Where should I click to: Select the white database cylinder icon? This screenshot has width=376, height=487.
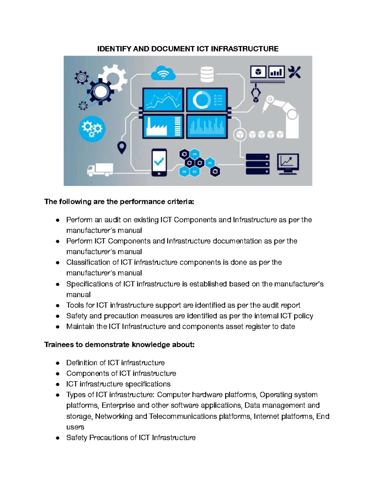point(207,74)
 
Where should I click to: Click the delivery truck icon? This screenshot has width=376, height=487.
point(100,170)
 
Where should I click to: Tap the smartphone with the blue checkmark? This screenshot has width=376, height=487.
point(159,162)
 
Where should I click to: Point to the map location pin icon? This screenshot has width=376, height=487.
point(122,147)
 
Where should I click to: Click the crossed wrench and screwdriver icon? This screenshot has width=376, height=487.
point(294,72)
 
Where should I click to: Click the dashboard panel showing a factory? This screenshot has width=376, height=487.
point(163,126)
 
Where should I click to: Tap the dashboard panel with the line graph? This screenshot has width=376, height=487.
point(163,99)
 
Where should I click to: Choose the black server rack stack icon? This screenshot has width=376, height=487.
point(258,164)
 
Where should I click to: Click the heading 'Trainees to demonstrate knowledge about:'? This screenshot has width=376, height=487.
point(119,345)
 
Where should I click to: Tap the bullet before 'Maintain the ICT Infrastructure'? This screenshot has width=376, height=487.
point(57,327)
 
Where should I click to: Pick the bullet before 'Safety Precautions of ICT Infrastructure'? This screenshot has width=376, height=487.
point(57,438)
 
